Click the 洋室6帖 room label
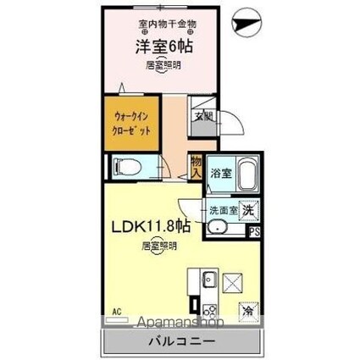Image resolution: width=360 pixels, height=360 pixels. (161, 48)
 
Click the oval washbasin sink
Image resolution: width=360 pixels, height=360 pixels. (218, 227)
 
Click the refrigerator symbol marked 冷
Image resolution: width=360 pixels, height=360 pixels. (249, 309)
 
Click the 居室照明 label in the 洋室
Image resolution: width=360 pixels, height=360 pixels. (161, 64)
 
